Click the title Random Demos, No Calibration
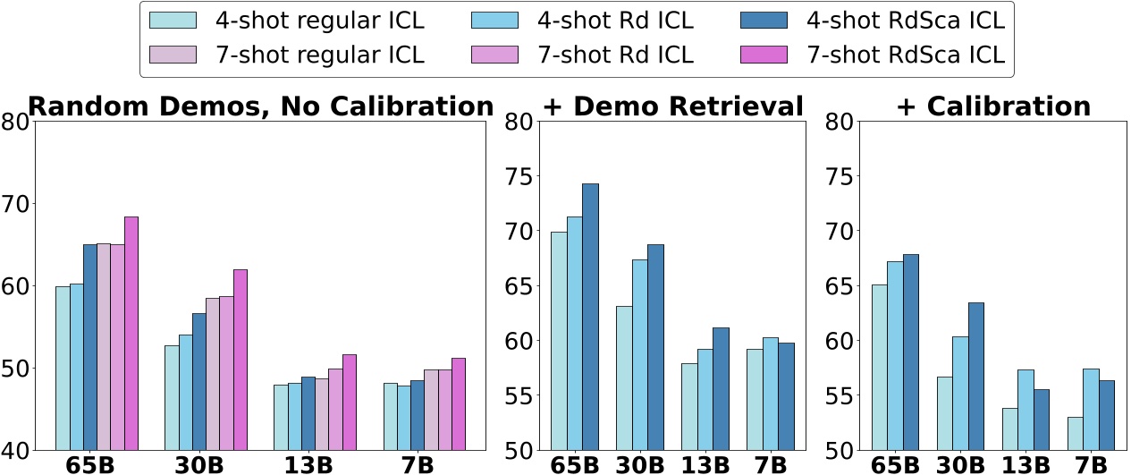click(260, 106)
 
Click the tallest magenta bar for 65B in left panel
click(131, 333)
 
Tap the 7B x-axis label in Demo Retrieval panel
click(770, 464)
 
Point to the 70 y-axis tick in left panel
click(14, 204)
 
